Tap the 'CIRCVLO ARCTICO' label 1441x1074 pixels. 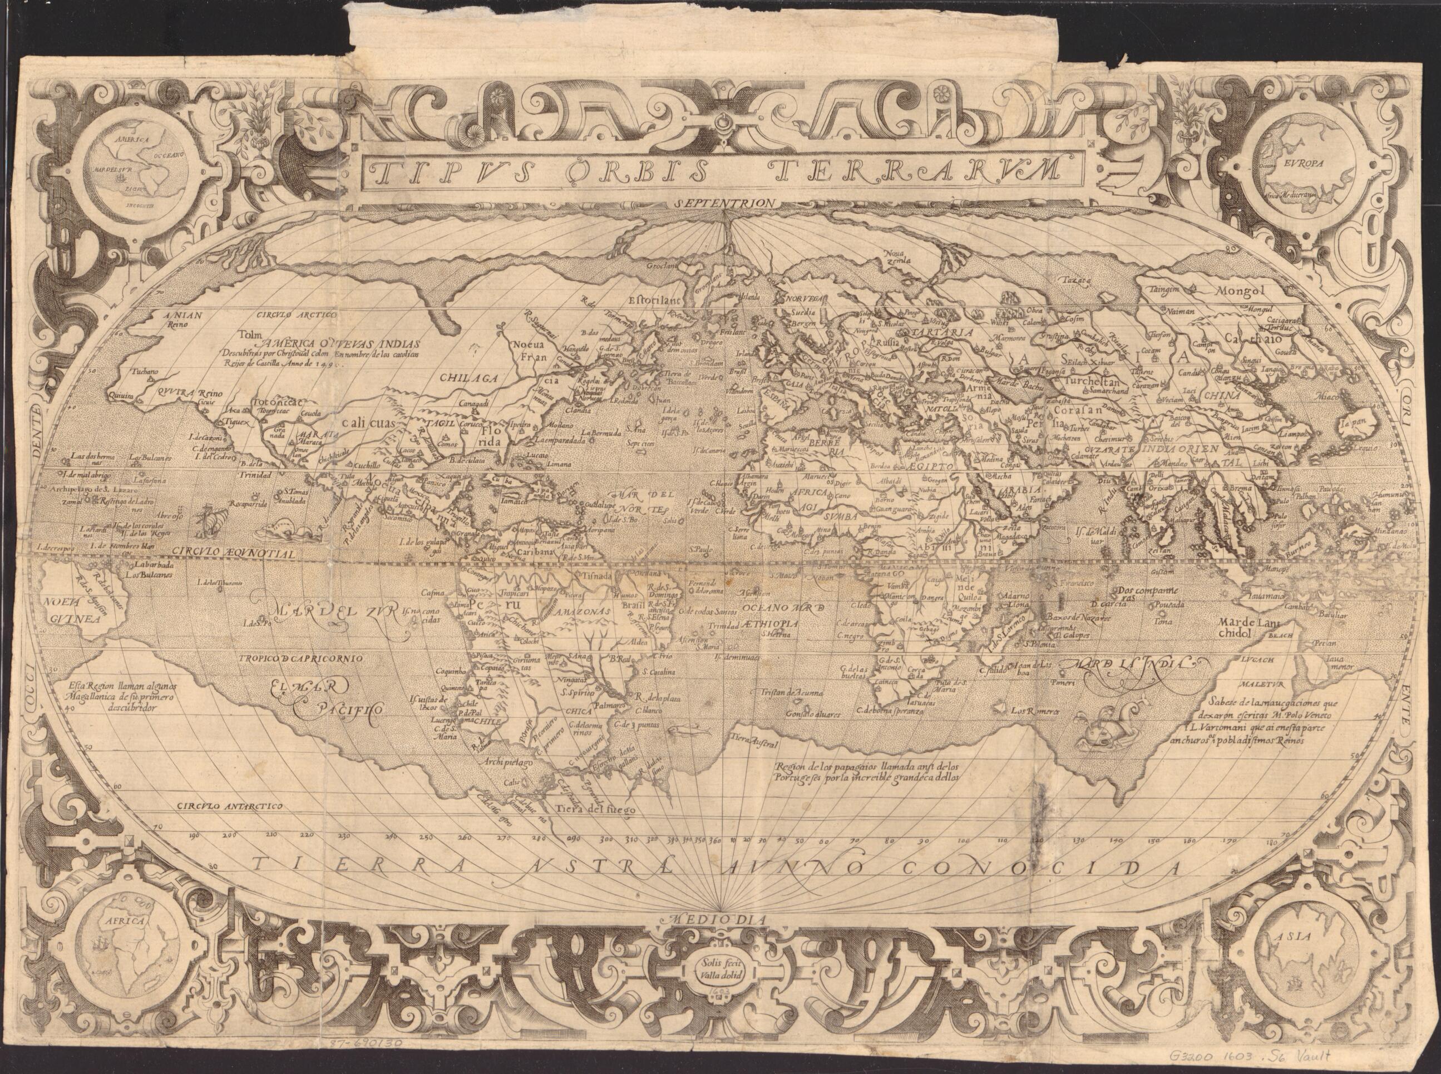tap(297, 314)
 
